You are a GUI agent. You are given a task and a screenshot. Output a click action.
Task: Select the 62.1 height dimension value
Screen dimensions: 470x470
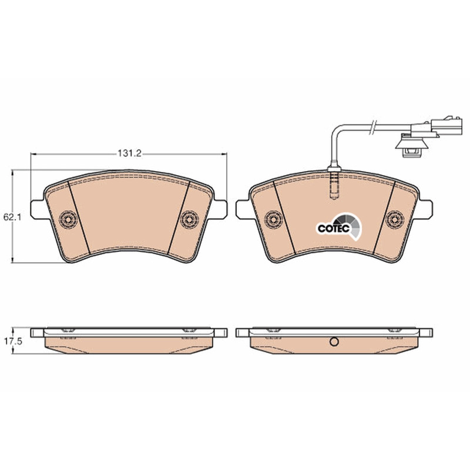[x=12, y=217]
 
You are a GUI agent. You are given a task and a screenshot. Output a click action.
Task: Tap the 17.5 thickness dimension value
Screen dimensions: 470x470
[x=13, y=341]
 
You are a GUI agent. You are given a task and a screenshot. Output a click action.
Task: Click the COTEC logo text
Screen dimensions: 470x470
[x=334, y=229]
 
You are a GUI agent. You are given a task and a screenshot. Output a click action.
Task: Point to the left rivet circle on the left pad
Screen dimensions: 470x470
[x=68, y=220]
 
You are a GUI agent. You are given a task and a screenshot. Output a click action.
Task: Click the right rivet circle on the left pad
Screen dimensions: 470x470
[x=189, y=220]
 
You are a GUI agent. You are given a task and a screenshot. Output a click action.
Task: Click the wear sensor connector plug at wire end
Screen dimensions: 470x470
[x=435, y=127]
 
